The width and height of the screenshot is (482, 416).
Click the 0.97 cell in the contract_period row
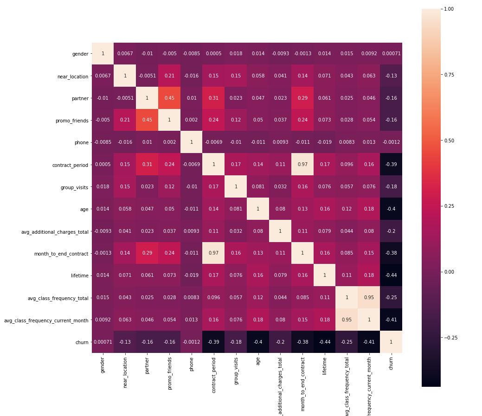302,165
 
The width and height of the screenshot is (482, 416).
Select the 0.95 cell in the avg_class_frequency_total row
369,298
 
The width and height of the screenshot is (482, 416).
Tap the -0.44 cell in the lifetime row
391,275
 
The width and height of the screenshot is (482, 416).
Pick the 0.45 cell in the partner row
169,98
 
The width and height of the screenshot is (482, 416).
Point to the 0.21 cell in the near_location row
169,76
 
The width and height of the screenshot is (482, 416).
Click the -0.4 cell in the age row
391,209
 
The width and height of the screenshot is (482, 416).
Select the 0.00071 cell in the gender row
391,54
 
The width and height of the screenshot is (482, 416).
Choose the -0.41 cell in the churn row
369,342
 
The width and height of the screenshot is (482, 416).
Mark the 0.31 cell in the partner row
213,98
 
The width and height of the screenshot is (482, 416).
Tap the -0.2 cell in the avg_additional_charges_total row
391,231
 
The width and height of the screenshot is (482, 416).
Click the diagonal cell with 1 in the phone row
191,142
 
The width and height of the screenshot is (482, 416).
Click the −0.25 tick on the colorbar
454,338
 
